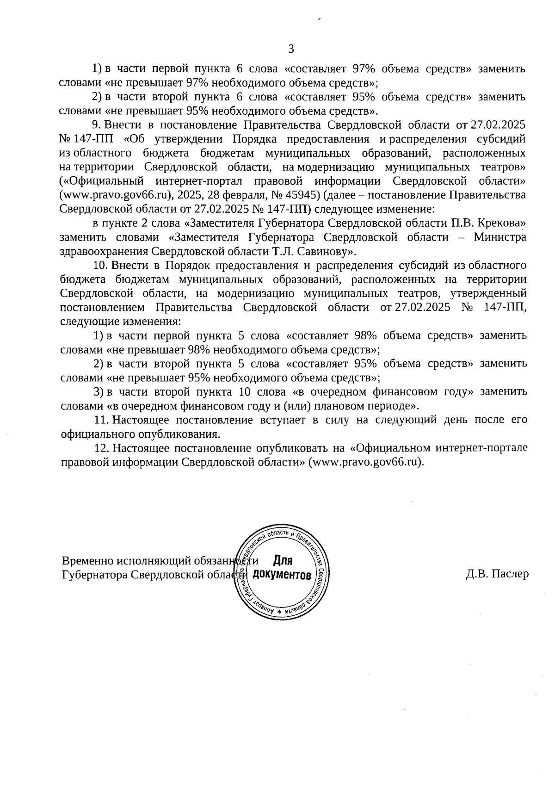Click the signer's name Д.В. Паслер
click(497, 574)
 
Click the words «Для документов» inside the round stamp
click(283, 568)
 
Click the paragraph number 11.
click(100, 420)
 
